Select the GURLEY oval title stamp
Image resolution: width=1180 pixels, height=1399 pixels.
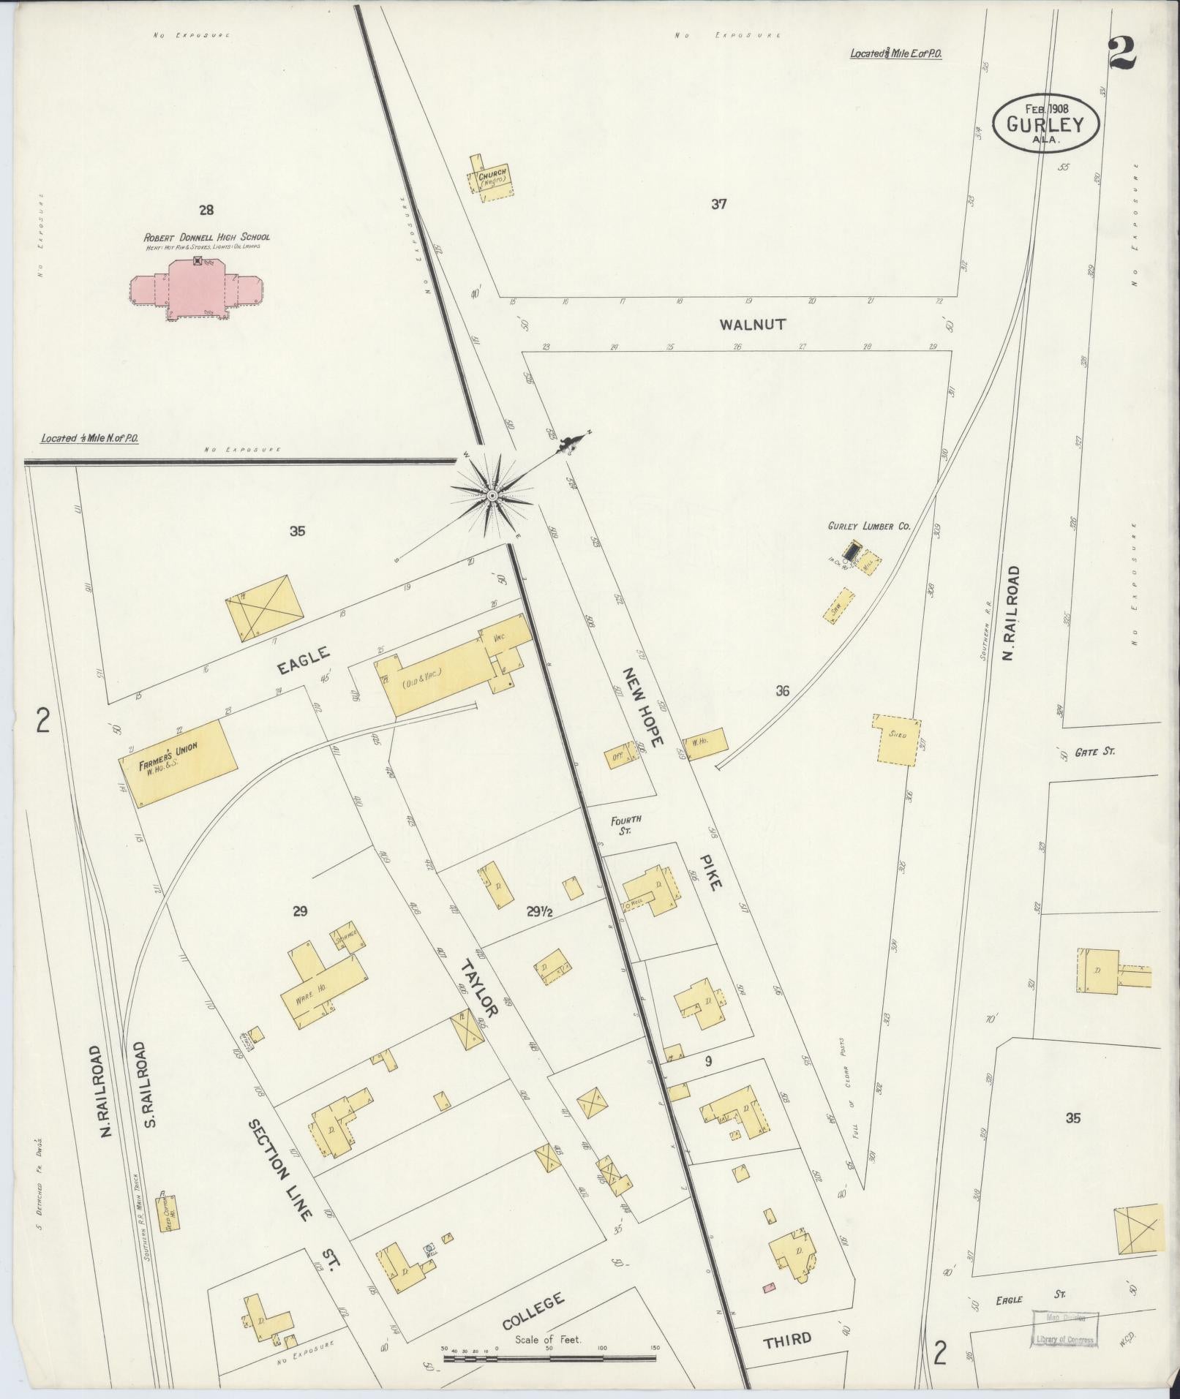pos(1048,124)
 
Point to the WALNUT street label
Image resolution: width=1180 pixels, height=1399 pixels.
pos(753,324)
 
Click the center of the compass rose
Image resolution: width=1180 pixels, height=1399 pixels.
pos(492,497)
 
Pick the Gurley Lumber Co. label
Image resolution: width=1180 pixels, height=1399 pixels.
pos(868,526)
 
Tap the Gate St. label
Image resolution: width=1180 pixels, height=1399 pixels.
pos(1094,752)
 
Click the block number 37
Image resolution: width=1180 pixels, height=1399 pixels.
pos(718,205)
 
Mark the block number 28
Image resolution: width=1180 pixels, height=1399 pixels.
pos(206,211)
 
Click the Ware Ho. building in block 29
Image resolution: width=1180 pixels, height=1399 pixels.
pos(322,987)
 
